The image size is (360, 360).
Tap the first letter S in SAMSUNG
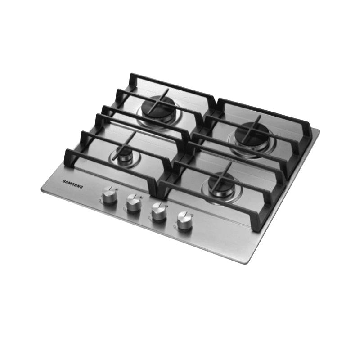tap(64, 181)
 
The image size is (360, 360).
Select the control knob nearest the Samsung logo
tap(109, 194)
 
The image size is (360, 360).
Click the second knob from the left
tap(134, 203)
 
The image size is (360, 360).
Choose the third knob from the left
tap(159, 211)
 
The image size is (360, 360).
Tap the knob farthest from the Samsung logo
tap(184, 220)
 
